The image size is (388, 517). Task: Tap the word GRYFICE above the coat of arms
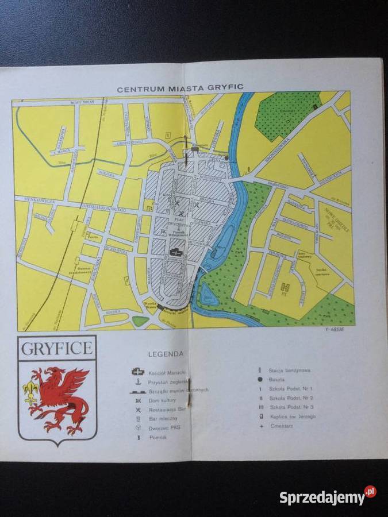(57, 348)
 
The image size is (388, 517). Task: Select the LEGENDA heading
(166, 354)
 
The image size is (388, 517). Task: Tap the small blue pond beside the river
(209, 298)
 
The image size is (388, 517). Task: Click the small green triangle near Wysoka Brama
(140, 321)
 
